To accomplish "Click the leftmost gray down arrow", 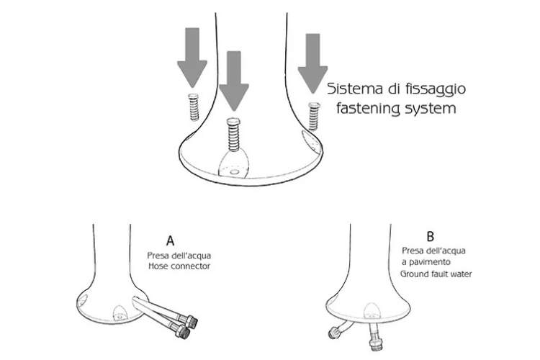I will (x=192, y=58).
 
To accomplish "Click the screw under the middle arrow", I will (x=233, y=132).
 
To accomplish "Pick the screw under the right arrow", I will (x=313, y=114).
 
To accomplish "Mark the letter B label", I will (x=430, y=235).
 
